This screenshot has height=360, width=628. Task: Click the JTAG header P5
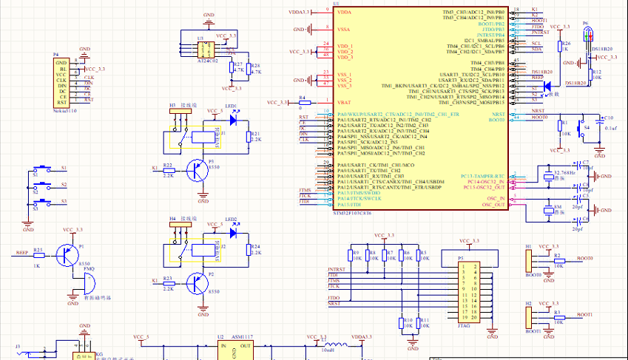coord(467,292)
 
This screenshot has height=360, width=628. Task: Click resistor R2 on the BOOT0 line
coord(558,260)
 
